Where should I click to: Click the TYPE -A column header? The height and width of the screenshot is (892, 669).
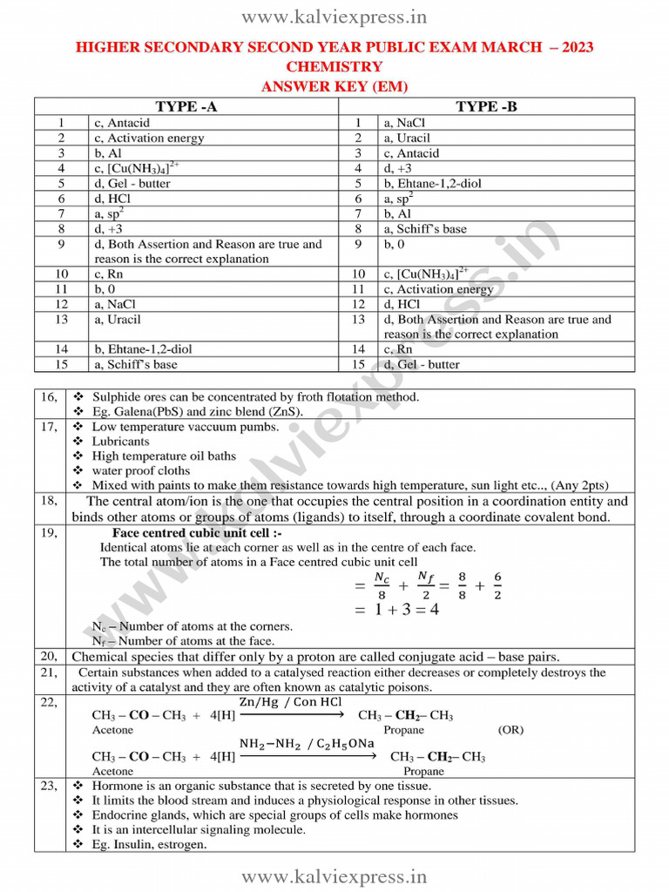click(x=186, y=106)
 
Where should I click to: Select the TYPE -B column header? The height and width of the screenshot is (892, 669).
click(x=486, y=106)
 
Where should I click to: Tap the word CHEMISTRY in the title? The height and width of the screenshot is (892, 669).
click(x=334, y=66)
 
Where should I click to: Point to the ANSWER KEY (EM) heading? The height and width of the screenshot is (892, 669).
click(x=334, y=86)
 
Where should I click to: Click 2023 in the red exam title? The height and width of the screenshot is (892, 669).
click(x=571, y=47)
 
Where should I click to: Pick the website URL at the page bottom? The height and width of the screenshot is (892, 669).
click(x=334, y=875)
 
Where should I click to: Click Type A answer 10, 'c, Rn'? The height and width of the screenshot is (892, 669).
click(x=109, y=274)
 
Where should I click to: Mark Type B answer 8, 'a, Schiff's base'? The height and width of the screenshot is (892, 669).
click(x=424, y=229)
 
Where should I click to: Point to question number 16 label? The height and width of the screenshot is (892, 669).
click(x=49, y=397)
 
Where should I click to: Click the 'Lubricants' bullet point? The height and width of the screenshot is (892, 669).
click(x=120, y=442)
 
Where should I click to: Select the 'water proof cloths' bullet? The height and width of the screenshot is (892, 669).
click(x=141, y=470)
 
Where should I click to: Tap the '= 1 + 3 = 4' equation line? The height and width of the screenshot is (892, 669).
click(x=395, y=610)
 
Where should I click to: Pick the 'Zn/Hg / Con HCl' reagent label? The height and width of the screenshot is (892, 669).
click(x=291, y=702)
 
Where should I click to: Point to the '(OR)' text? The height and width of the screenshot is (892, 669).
click(x=511, y=730)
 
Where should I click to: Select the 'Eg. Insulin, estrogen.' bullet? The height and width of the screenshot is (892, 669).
click(x=149, y=844)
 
